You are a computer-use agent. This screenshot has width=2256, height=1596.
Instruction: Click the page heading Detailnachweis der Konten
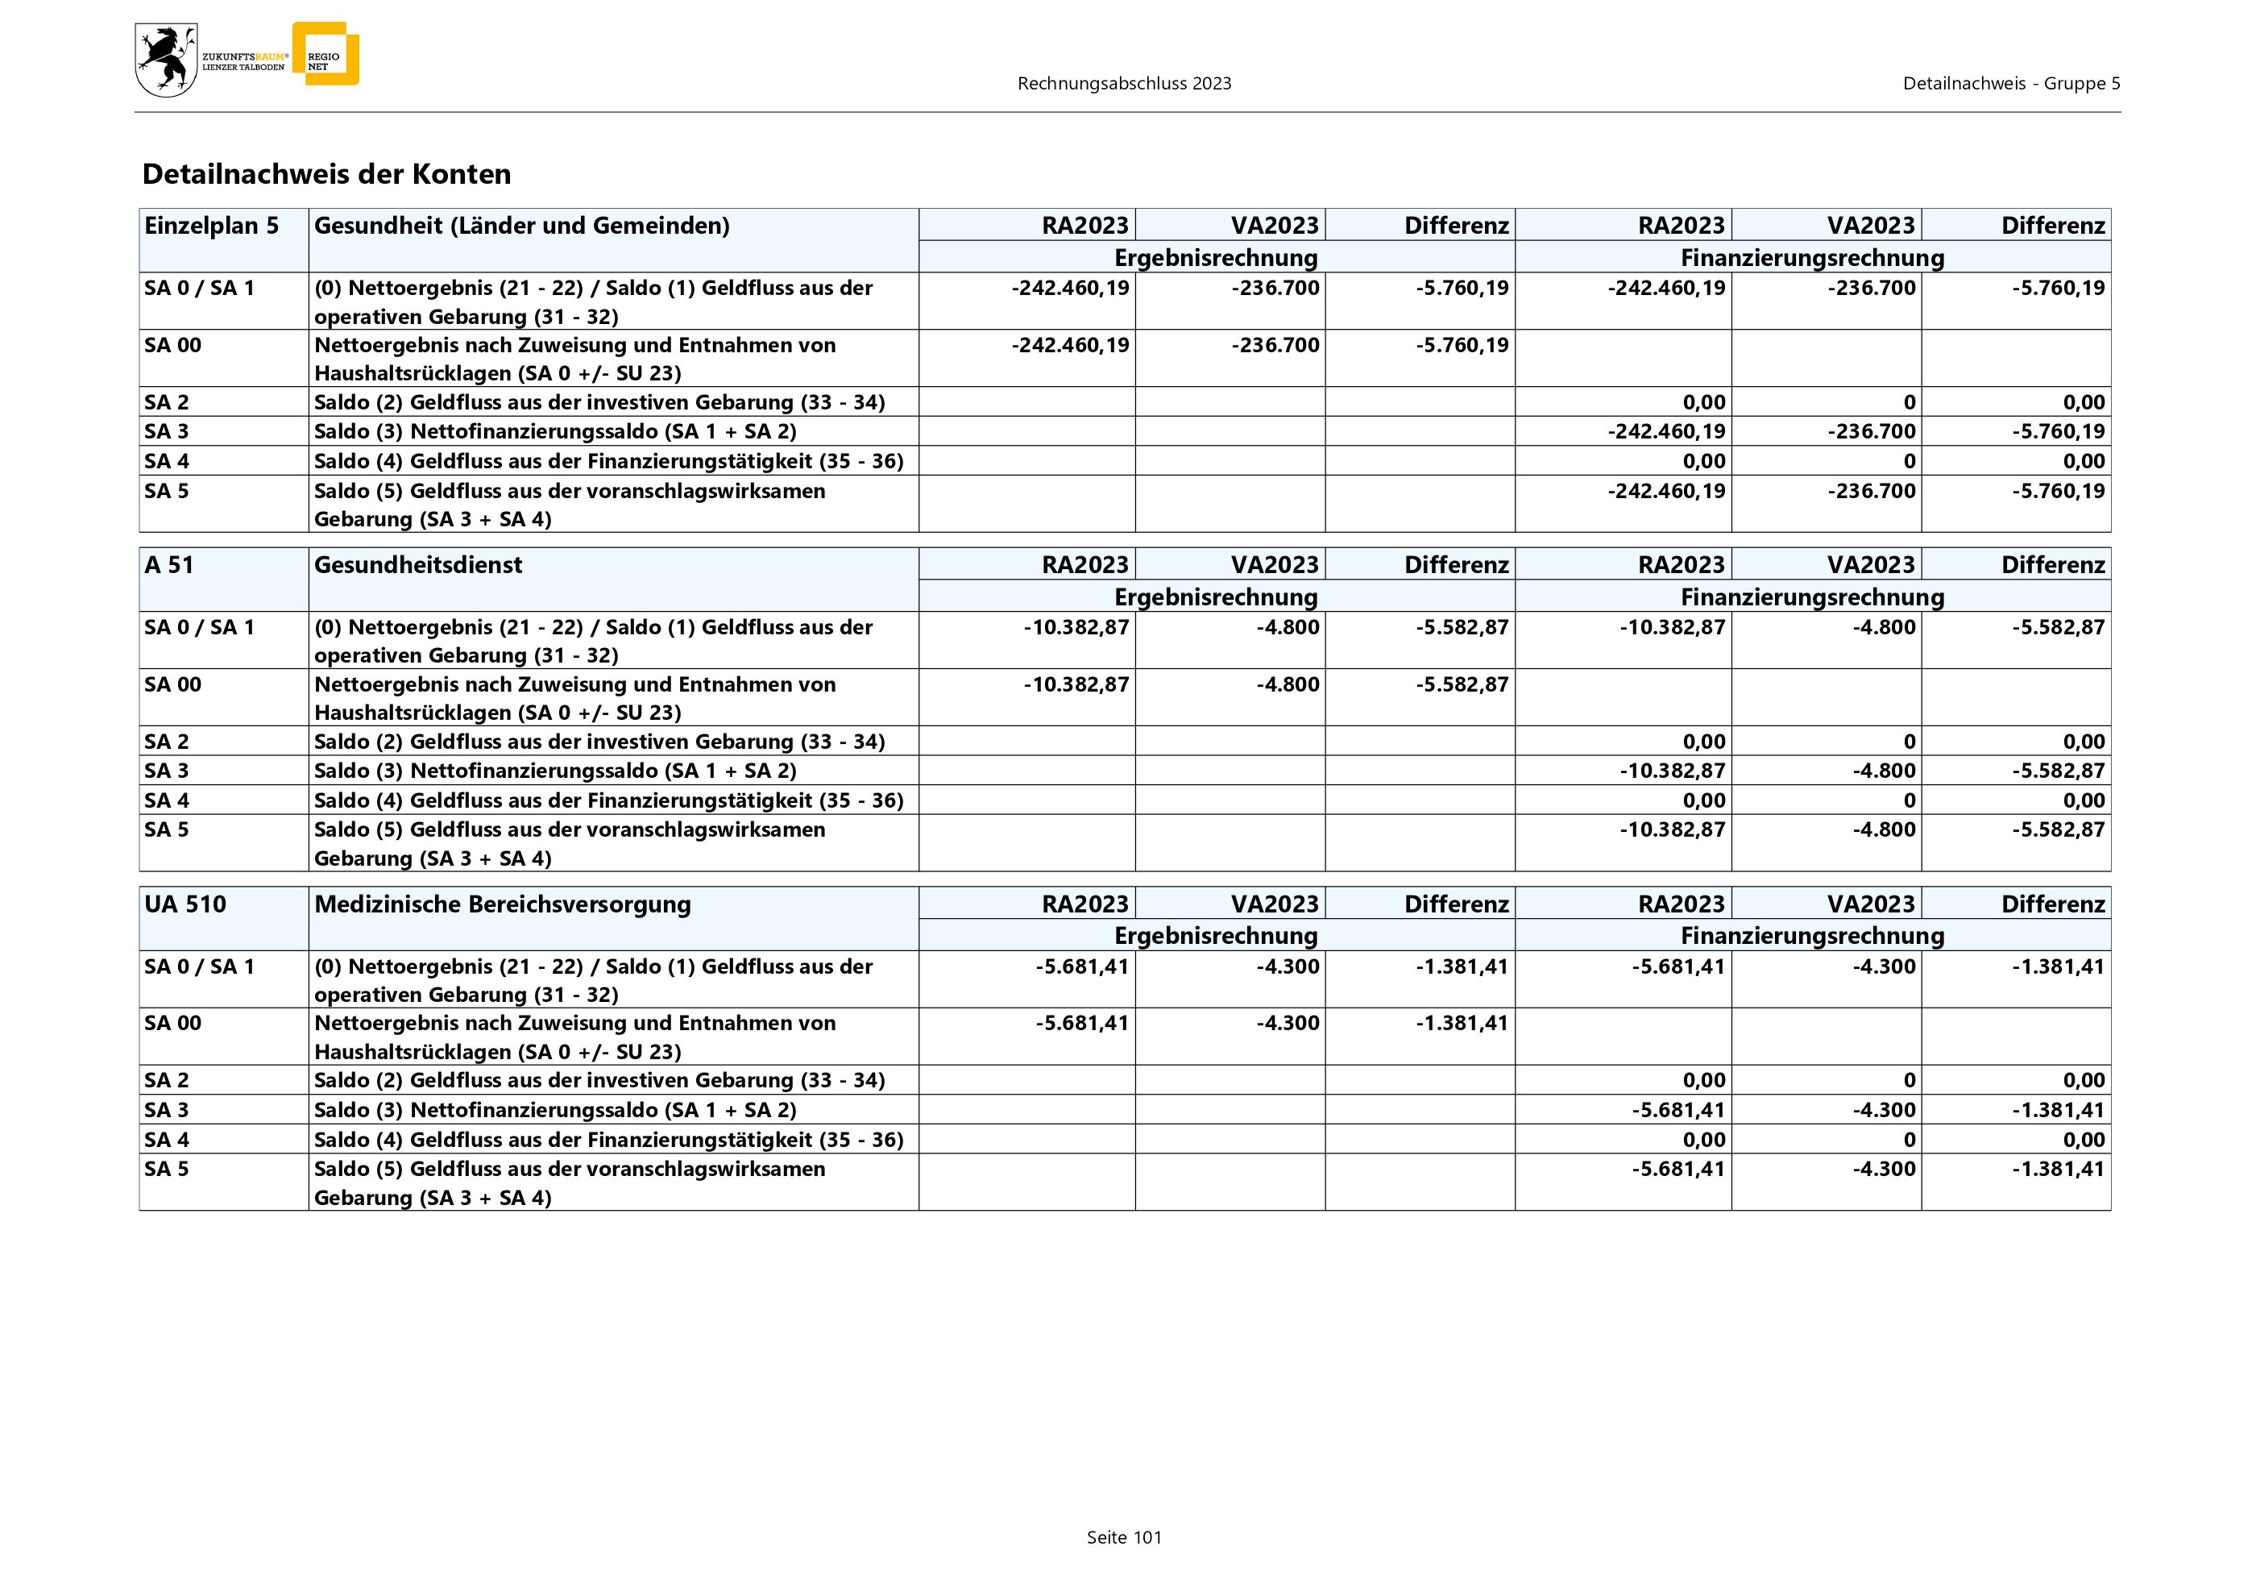(x=326, y=174)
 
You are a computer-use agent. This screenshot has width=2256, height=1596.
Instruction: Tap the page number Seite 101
(x=1123, y=1538)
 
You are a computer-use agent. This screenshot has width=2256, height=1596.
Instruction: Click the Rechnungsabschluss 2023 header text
(x=1124, y=84)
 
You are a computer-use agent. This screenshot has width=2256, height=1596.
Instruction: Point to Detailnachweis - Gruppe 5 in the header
(x=2010, y=84)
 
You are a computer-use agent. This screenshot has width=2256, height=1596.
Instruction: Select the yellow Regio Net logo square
(x=326, y=54)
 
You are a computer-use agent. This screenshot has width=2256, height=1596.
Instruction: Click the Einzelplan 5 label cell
(x=211, y=226)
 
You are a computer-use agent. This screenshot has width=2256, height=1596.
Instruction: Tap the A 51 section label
(x=168, y=565)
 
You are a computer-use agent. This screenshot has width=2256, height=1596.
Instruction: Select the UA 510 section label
(x=185, y=904)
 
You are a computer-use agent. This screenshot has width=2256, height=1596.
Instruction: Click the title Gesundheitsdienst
(x=417, y=565)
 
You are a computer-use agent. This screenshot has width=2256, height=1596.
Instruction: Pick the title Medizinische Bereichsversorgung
(x=502, y=904)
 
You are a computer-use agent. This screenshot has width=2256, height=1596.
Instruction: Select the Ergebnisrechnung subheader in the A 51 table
(x=1216, y=597)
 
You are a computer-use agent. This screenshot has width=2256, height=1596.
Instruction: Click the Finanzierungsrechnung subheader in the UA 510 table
(x=1812, y=937)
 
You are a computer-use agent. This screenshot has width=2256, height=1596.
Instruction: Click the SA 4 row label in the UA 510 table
(x=166, y=1140)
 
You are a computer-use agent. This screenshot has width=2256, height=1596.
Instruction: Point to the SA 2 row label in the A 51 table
(x=166, y=742)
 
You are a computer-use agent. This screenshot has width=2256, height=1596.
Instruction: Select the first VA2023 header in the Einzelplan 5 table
(x=1275, y=226)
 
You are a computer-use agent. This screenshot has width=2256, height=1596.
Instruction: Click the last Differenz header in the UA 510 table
(x=2053, y=904)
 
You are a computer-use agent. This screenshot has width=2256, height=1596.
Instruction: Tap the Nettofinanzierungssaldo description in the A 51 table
(x=555, y=771)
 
